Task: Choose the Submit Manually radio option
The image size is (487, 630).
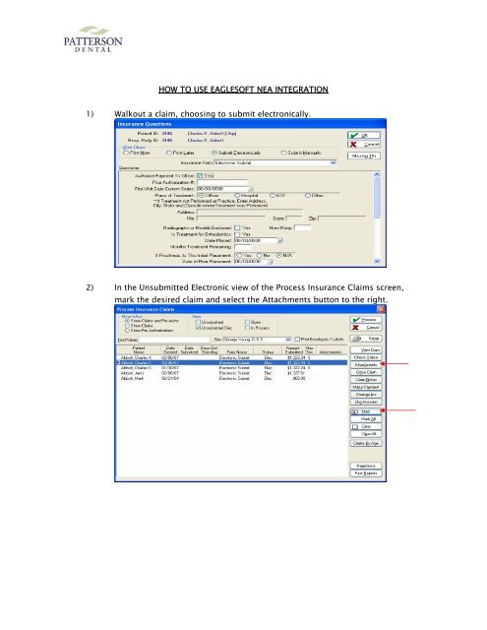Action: pyautogui.click(x=310, y=153)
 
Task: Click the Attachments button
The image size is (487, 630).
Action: pyautogui.click(x=366, y=364)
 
